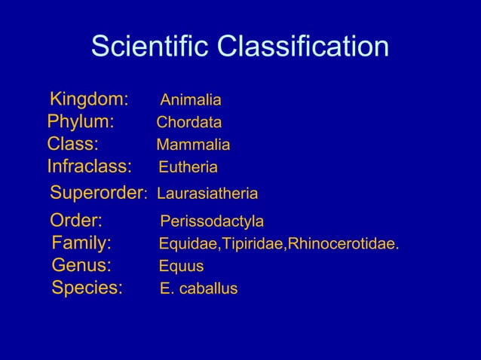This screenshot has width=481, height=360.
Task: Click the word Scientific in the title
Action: [x=151, y=47]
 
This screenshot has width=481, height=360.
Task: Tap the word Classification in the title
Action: [x=303, y=47]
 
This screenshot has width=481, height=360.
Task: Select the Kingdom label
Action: [x=89, y=99]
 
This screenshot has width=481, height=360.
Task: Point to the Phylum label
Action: [x=81, y=122]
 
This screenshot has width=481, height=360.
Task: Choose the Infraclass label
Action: [x=89, y=166]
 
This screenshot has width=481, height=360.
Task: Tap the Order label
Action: [x=76, y=221]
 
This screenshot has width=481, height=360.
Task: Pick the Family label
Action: [x=81, y=243]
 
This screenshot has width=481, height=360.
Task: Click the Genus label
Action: [x=81, y=265]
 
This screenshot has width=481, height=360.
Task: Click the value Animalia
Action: [x=191, y=100]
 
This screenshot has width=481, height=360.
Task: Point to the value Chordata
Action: [x=188, y=123]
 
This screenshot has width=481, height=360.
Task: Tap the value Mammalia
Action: [x=193, y=145]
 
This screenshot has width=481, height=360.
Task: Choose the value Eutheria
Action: [x=188, y=166]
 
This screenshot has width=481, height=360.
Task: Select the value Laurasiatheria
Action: [x=207, y=194]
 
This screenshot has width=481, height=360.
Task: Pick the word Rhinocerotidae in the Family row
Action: [x=344, y=244]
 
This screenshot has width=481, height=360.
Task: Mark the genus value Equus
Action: [x=181, y=266]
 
